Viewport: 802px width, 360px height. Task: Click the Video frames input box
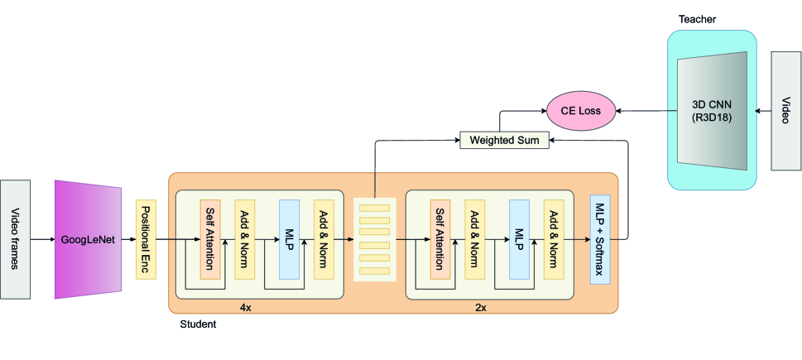coord(17,238)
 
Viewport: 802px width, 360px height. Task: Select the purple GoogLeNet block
coord(87,238)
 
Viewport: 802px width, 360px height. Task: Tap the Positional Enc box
coord(146,239)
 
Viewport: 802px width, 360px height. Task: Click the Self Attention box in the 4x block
coord(210,239)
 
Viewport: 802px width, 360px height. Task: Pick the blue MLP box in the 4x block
coord(289,239)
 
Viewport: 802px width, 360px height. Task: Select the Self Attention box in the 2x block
coord(440,239)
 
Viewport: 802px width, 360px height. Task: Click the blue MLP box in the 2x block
coord(519,239)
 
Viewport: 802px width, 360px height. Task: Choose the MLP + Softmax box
coord(600,239)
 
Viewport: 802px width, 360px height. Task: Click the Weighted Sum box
coord(504,141)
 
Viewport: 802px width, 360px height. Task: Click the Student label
coord(198,324)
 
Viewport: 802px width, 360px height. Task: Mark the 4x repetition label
coord(246,307)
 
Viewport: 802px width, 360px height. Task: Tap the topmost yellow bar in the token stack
coord(374,207)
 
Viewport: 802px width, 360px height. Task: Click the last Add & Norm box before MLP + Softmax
coord(554,239)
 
